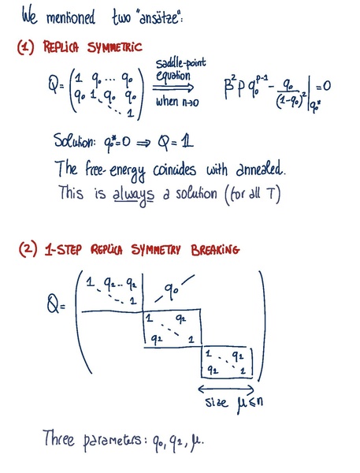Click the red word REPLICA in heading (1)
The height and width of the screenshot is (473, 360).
(61, 47)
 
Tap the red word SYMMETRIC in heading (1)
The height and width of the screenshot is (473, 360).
(114, 47)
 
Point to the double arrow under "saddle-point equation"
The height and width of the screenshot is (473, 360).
(173, 88)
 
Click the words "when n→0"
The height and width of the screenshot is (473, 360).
(177, 102)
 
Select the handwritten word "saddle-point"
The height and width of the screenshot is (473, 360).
(180, 64)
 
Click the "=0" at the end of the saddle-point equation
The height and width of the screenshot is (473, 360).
(323, 87)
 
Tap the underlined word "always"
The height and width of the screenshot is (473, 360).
(133, 196)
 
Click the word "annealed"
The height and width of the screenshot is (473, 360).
(260, 169)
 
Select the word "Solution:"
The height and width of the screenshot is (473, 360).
(75, 141)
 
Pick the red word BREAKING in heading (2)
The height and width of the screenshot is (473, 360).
(215, 250)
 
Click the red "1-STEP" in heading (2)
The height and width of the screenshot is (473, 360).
(63, 250)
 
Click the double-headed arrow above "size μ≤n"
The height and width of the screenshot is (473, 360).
(226, 389)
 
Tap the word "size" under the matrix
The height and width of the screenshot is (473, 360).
(217, 402)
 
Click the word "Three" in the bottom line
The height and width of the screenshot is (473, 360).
(58, 438)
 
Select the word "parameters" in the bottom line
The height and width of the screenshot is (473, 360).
(112, 441)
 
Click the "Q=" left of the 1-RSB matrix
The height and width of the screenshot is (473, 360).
(55, 304)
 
